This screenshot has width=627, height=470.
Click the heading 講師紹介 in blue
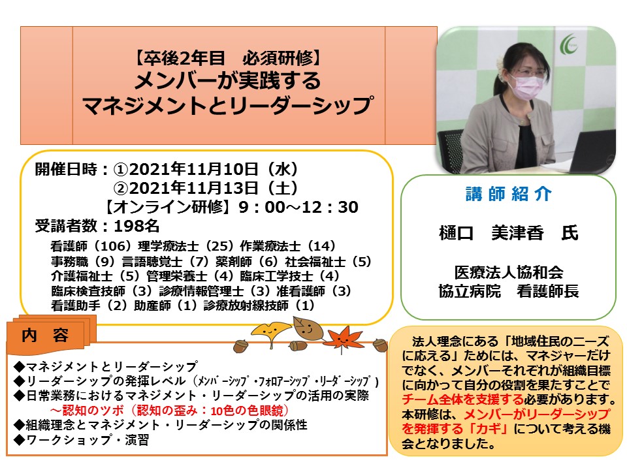(509, 194)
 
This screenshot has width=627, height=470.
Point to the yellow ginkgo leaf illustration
(270, 332)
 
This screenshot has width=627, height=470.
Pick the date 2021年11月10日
(194, 170)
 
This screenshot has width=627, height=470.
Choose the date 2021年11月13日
(194, 188)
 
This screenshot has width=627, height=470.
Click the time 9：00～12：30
(298, 207)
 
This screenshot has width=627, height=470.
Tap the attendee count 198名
(137, 226)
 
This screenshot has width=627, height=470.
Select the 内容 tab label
(45, 336)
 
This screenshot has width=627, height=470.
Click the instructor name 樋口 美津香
(491, 233)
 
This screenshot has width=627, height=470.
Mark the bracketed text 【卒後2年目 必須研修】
(227, 58)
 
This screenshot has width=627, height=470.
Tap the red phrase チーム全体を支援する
(462, 399)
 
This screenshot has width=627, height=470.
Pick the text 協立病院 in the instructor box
(470, 291)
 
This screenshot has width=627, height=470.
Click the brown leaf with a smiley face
(308, 329)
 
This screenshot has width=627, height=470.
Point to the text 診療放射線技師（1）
(259, 305)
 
